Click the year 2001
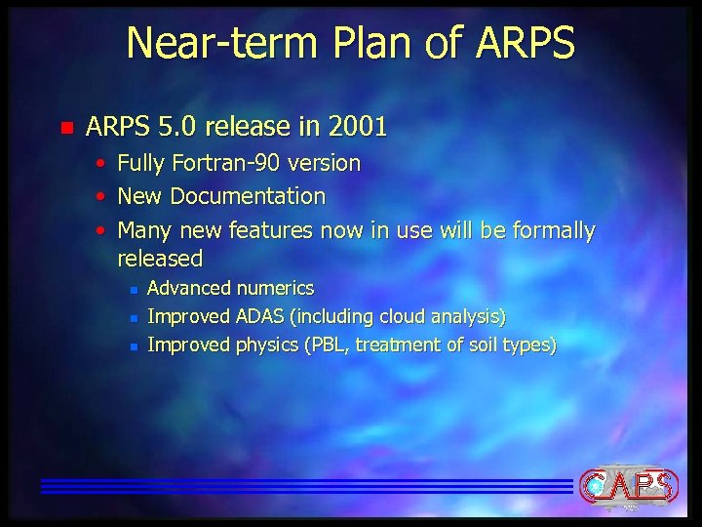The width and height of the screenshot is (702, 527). click(358, 127)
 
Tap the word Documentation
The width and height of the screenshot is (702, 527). click(248, 196)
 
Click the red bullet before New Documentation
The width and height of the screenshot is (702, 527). click(101, 197)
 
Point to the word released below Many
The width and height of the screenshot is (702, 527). click(160, 259)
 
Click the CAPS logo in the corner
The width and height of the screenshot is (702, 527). click(628, 484)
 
